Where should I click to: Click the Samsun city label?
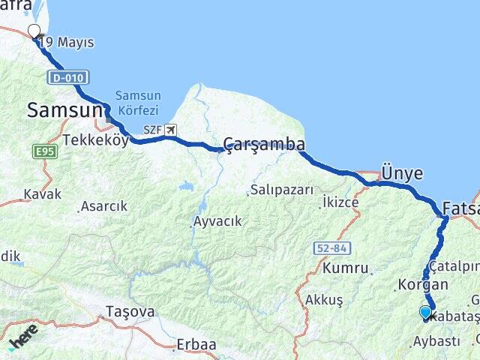tap(64, 110)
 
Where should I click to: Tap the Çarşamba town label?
tap(265, 144)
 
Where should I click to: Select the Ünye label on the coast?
tap(402, 173)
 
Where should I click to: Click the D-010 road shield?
tap(68, 77)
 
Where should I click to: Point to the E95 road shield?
tap(45, 152)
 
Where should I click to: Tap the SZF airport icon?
tap(171, 130)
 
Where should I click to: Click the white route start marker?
tap(34, 31)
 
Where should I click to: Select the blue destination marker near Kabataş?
tap(425, 313)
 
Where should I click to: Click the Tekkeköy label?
tap(96, 140)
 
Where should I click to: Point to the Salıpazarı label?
tap(282, 190)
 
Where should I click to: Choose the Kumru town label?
tap(346, 268)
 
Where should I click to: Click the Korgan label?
tap(423, 285)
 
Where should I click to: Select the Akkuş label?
tap(324, 300)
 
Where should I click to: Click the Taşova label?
tap(130, 311)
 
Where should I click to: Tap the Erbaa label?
tap(195, 345)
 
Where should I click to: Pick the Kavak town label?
tap(42, 193)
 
